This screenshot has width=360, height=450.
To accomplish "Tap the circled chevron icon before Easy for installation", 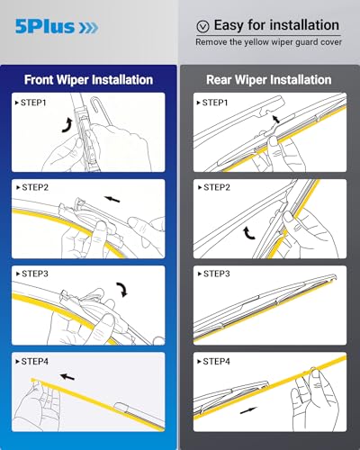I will (x=203, y=26).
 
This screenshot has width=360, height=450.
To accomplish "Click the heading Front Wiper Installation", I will (x=88, y=79).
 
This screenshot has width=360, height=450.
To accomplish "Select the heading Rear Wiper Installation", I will (x=269, y=79).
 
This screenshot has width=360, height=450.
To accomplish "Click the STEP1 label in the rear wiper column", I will (x=214, y=103).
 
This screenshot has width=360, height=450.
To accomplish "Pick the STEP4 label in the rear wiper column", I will (x=214, y=361).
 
